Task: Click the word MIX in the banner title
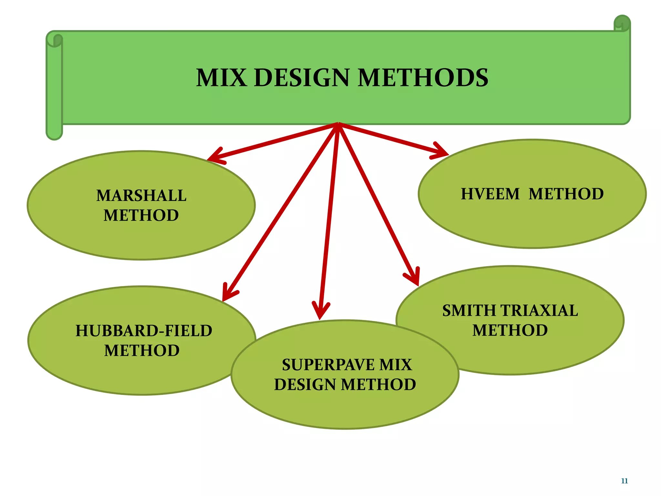point(221,78)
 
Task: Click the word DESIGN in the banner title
point(302,78)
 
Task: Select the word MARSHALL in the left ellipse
point(141,196)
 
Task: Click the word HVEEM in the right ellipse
point(490,194)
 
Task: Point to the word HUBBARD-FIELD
point(144,331)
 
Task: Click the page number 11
point(624,481)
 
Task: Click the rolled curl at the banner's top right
point(622,23)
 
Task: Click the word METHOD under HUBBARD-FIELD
point(142,351)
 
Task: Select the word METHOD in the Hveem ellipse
point(566,194)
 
